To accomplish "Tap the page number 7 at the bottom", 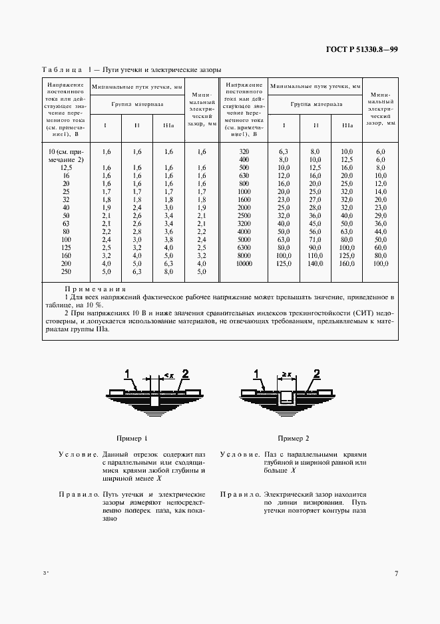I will (396, 573).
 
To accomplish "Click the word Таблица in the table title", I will (61, 70).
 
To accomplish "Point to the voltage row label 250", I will (66, 272).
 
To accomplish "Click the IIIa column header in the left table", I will (168, 125).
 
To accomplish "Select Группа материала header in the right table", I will (316, 104).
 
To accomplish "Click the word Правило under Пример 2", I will (240, 494).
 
